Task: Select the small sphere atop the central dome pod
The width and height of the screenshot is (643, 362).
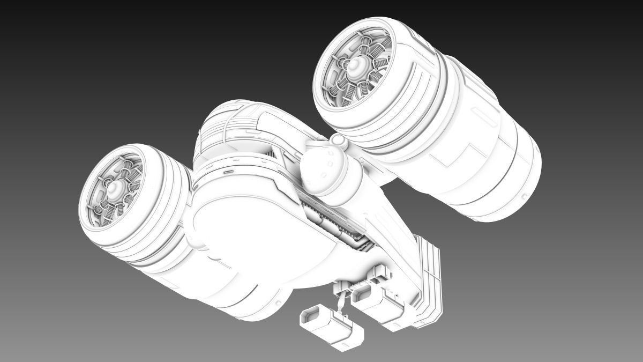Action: click(x=338, y=141)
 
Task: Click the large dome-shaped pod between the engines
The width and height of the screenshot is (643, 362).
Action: click(x=323, y=170)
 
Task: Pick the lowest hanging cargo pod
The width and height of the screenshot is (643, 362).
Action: click(x=332, y=327)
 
